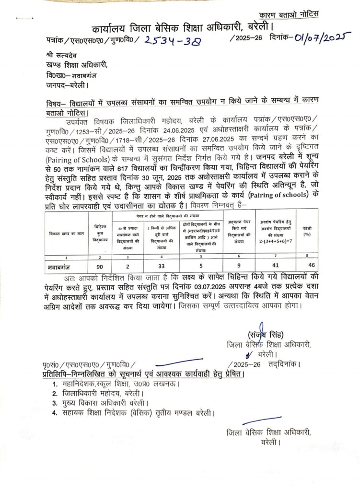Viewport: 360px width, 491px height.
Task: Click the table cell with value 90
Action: [100, 265]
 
